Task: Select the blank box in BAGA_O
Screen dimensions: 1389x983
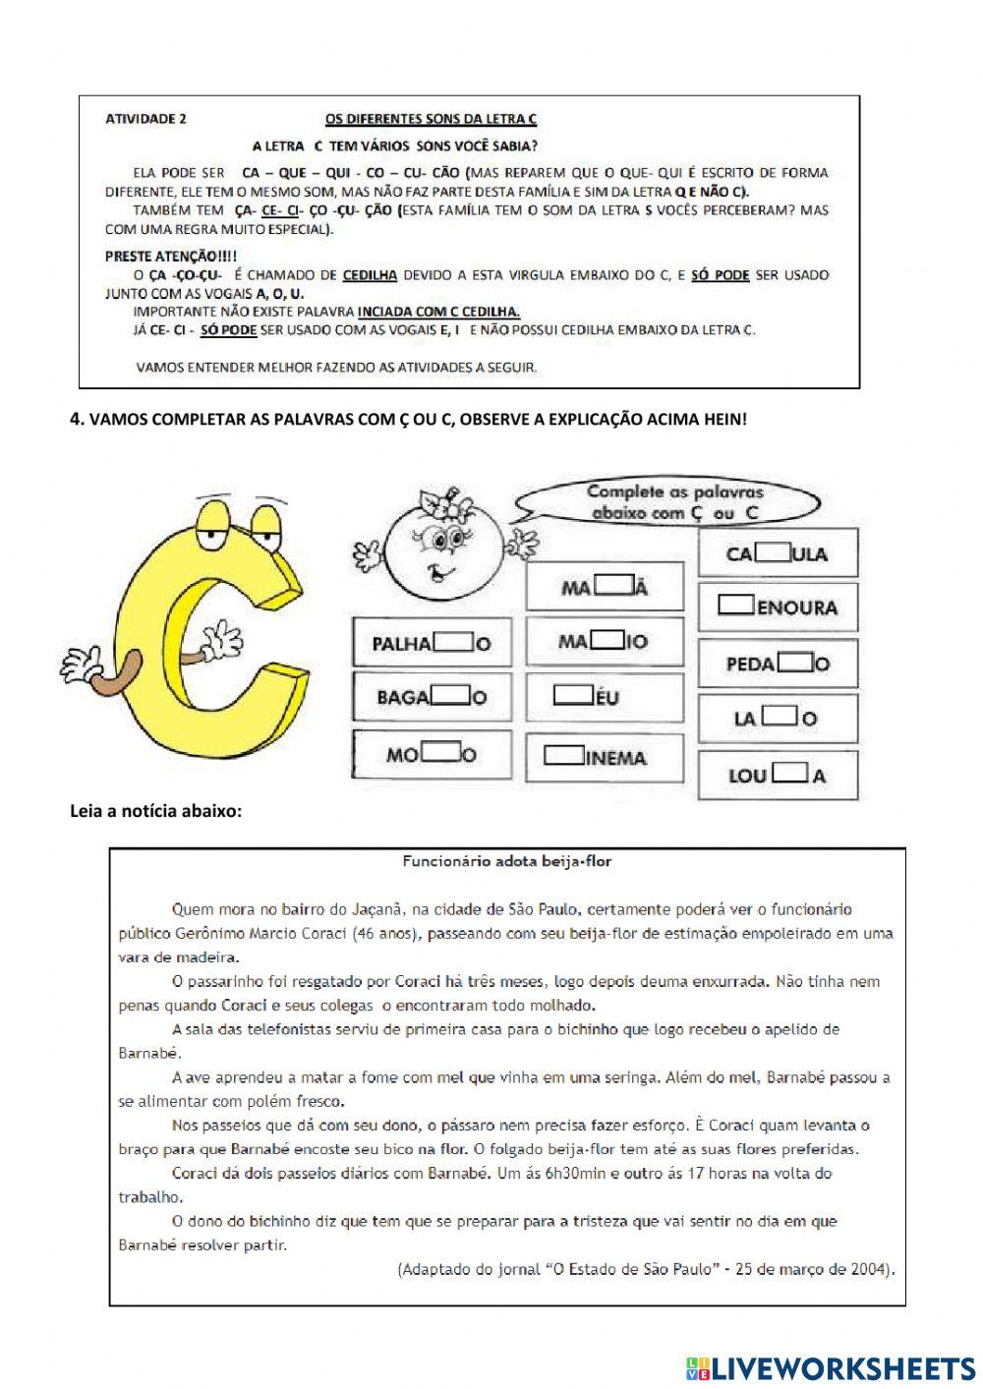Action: click(x=451, y=696)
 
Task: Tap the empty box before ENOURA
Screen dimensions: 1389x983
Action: click(x=736, y=605)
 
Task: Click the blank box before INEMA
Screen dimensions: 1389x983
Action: click(x=564, y=756)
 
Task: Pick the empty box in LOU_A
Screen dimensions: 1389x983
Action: click(x=790, y=774)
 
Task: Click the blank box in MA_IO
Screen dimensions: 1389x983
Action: click(x=607, y=640)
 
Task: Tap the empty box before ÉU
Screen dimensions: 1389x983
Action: click(x=571, y=696)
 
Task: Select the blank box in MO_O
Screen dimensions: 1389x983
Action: click(x=441, y=754)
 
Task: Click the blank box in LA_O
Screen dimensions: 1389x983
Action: click(x=778, y=718)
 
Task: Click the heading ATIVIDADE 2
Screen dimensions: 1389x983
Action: click(x=145, y=120)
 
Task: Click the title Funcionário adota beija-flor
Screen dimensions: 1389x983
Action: click(x=506, y=861)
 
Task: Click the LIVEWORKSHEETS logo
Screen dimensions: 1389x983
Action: click(x=831, y=1367)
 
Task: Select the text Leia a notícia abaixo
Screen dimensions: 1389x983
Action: click(x=155, y=811)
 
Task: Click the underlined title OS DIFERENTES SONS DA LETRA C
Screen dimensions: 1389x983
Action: click(x=431, y=120)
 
